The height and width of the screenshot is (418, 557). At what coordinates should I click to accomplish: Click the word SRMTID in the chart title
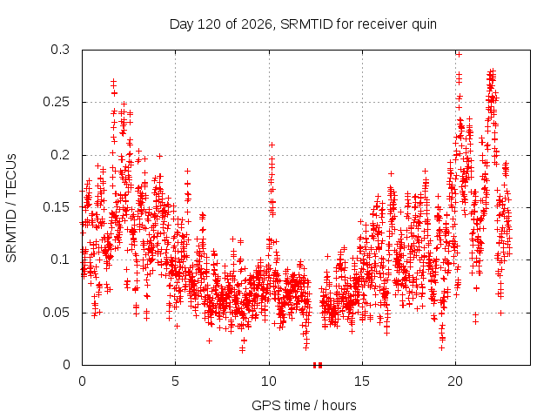coord(306,24)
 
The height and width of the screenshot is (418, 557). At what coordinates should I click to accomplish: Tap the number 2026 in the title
coord(257,24)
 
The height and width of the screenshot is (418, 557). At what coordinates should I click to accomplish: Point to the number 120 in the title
coord(209,24)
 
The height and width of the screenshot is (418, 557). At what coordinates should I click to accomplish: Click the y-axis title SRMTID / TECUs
coord(11,208)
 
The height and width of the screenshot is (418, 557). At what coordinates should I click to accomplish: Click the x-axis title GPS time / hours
coord(304,405)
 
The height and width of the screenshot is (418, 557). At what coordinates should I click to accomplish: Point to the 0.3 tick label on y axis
coord(60,50)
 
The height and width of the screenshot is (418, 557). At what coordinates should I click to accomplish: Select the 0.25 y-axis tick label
coord(56,102)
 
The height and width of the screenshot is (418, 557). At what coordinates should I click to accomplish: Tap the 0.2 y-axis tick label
coord(60,155)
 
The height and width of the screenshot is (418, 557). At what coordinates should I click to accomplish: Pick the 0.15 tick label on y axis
coord(56,207)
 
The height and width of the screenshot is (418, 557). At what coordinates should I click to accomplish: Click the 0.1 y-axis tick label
coord(60,260)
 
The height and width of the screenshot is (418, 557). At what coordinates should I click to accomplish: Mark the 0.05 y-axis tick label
coord(56,313)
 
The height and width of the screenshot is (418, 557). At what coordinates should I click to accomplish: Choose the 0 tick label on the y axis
coord(66,365)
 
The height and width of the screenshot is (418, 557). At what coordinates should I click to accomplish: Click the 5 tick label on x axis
coord(175,381)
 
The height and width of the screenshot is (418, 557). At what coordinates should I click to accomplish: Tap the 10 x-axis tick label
coord(269,381)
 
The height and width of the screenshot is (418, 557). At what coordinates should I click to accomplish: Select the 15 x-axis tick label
coord(362,381)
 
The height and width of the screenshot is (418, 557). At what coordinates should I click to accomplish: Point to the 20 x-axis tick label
coord(455,381)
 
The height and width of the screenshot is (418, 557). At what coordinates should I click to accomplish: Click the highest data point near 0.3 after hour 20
coord(459,54)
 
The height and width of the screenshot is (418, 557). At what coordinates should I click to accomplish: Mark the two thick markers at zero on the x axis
coord(318,365)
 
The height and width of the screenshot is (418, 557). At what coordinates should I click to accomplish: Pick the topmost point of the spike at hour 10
coord(272,145)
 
